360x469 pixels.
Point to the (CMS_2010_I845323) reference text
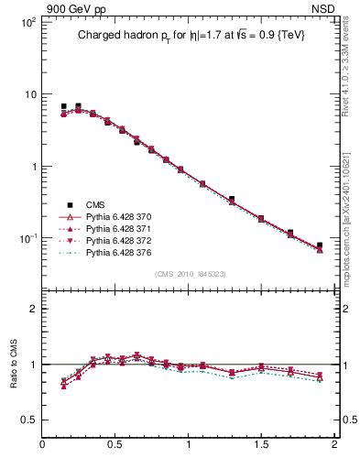(190, 273)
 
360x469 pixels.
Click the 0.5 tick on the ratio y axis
(27, 420)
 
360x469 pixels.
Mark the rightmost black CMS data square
(320, 245)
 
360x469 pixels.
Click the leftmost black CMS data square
(63, 107)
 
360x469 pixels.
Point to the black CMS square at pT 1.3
(232, 199)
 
